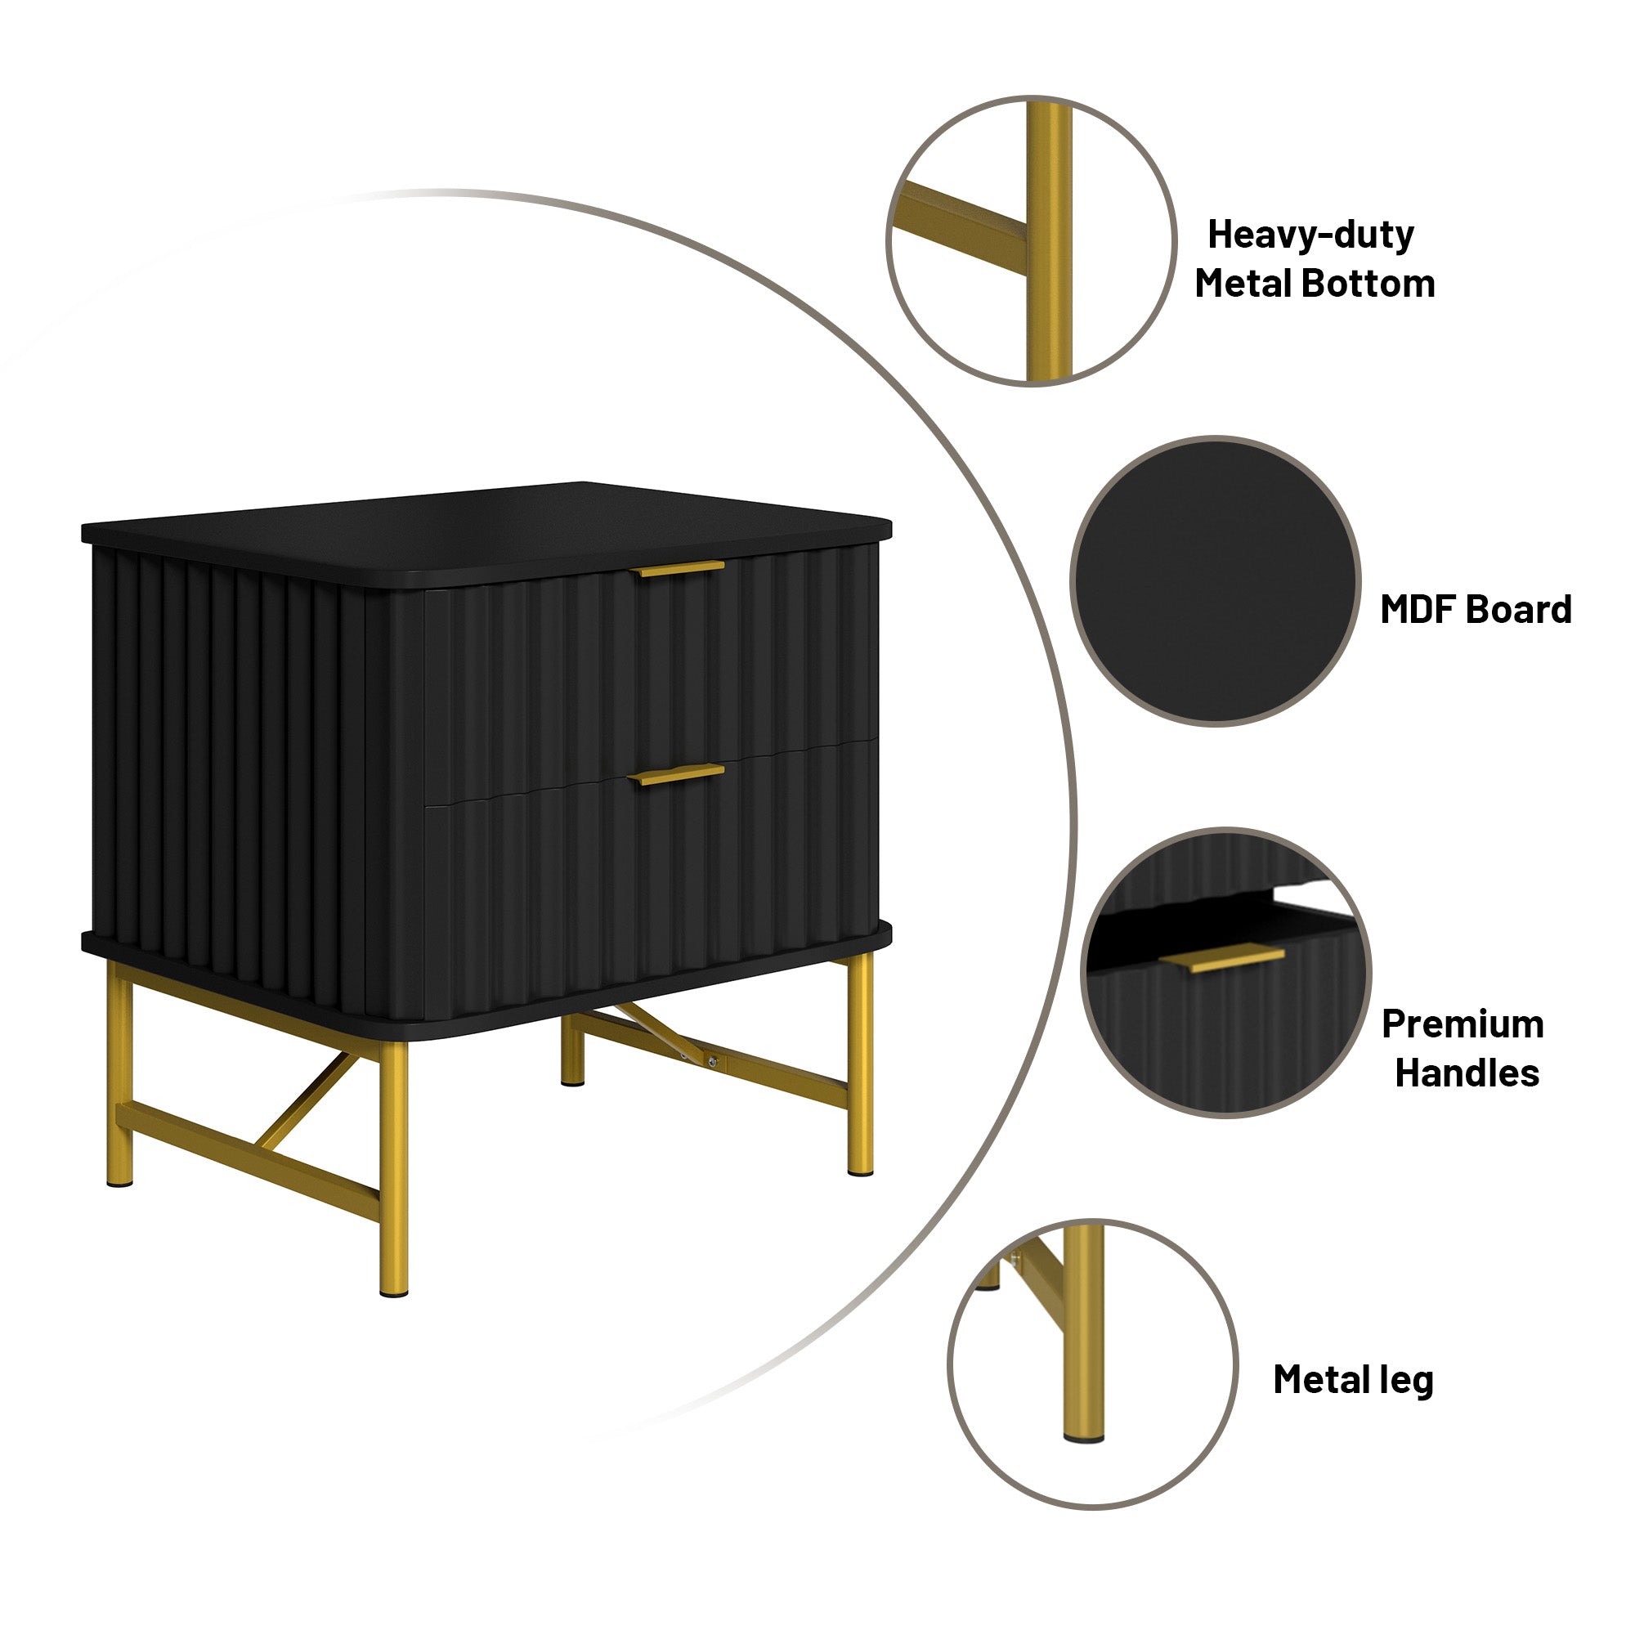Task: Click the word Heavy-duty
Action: pyautogui.click(x=1310, y=235)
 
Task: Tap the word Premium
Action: pyautogui.click(x=1463, y=1024)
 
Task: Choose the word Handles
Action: pyautogui.click(x=1467, y=1073)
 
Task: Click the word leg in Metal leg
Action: pyautogui.click(x=1406, y=1380)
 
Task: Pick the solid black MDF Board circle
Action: pyautogui.click(x=1216, y=580)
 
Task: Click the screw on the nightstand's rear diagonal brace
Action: pyautogui.click(x=713, y=1062)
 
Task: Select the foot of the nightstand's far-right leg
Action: pyautogui.click(x=861, y=1171)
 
